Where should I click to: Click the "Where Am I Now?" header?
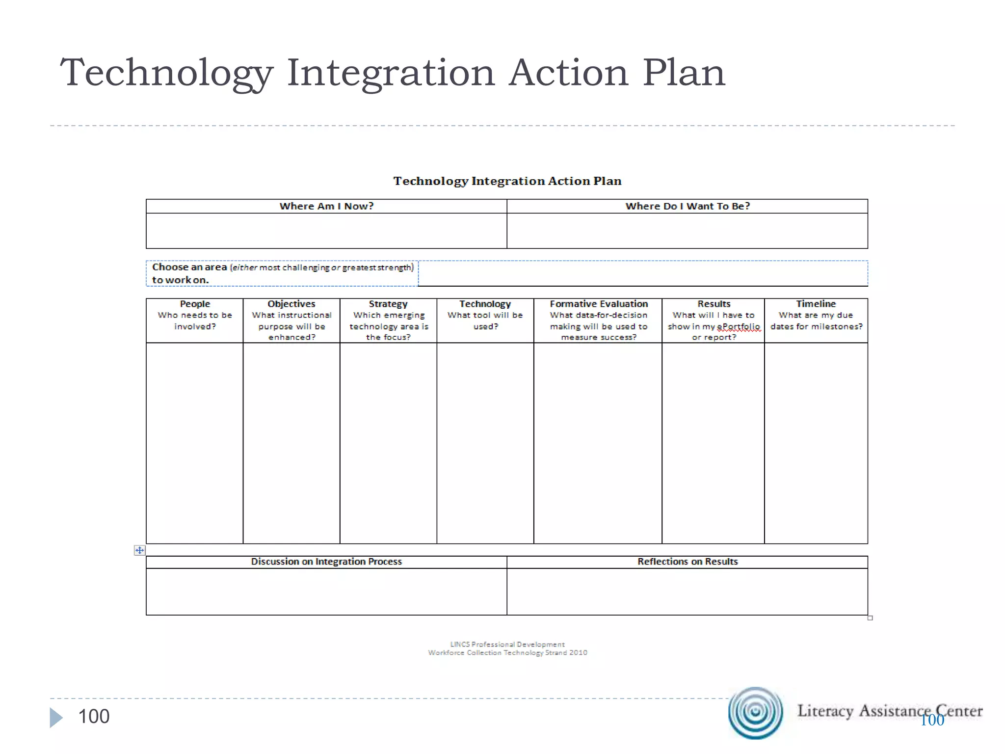[326, 206]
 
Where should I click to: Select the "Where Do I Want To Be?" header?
[688, 206]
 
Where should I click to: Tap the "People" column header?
[195, 304]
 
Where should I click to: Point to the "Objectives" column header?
[291, 304]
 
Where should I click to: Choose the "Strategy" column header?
[388, 304]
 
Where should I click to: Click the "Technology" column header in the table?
[485, 304]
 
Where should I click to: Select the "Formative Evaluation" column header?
[599, 304]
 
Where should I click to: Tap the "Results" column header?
[714, 304]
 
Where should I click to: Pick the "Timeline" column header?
[816, 304]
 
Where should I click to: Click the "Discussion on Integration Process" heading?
[326, 562]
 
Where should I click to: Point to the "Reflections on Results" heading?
[688, 562]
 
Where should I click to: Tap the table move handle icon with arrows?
[139, 550]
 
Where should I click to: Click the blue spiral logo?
[755, 712]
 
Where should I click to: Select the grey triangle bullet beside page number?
[56, 718]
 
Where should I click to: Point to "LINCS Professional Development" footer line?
[507, 644]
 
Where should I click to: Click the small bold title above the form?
[507, 181]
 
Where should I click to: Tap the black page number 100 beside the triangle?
[94, 717]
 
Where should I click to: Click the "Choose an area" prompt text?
[189, 267]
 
